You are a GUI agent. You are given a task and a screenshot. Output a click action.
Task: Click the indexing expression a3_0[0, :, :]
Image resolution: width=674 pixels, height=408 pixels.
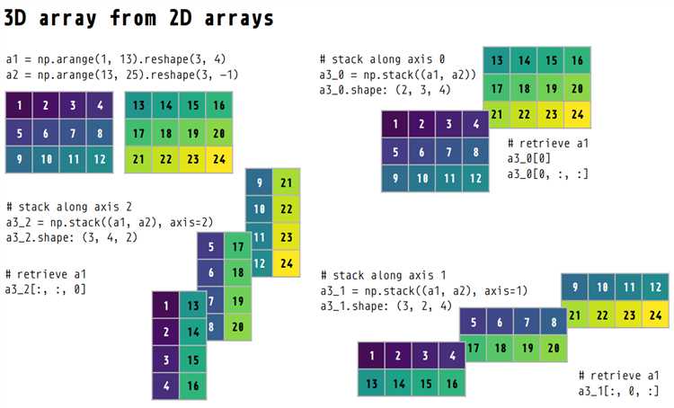[x=548, y=173]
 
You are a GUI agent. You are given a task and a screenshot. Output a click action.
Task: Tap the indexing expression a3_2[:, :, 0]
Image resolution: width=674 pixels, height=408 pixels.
[x=46, y=288]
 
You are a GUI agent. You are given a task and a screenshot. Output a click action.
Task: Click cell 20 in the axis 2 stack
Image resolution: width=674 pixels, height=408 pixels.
[x=236, y=327]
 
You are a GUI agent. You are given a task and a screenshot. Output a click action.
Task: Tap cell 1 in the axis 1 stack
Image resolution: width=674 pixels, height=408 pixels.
[x=371, y=356]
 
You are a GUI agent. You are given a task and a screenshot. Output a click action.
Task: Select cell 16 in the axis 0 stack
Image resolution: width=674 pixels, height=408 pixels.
[x=577, y=61]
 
